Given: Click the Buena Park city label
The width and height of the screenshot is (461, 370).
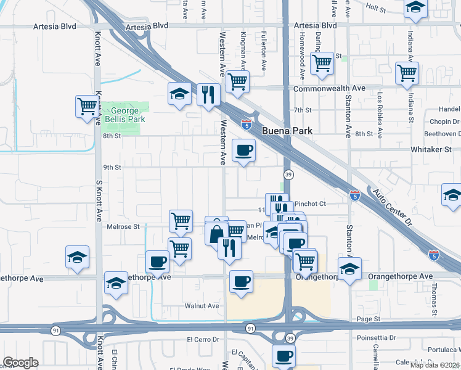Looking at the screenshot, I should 287,131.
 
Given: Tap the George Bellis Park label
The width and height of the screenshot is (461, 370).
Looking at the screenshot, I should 123,114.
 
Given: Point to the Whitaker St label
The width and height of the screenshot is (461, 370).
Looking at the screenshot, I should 431,149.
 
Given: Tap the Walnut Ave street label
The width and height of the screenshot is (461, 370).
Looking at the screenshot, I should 202,306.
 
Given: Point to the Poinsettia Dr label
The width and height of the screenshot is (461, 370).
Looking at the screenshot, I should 377,338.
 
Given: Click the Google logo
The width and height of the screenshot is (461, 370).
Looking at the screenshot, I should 21,363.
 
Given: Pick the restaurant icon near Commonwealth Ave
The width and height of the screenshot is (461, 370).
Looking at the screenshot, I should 209,94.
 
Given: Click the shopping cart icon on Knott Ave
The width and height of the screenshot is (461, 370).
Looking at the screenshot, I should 87,106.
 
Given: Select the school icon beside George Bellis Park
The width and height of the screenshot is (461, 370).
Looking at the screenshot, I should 179,94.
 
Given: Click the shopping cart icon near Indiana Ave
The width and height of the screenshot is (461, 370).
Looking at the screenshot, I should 407,72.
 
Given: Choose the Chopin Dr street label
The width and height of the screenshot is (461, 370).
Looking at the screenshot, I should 442,121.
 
